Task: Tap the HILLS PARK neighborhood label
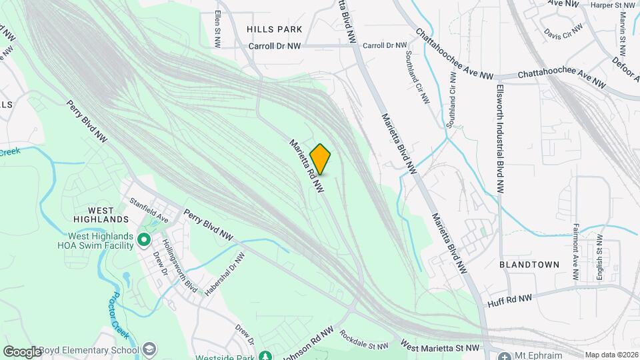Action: (x=274, y=29)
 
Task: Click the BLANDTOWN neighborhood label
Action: (x=529, y=265)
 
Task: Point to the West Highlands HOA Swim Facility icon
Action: (x=143, y=239)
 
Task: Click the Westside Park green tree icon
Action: (x=265, y=355)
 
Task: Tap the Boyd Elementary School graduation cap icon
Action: (x=150, y=349)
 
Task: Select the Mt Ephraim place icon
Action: (x=505, y=355)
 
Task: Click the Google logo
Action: (x=22, y=351)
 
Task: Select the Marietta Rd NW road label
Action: (x=306, y=167)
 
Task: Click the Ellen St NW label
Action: (x=217, y=29)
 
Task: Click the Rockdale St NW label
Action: (x=363, y=341)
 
